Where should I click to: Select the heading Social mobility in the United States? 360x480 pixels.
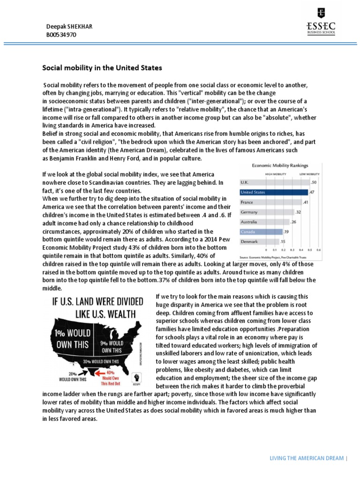pos(102,68)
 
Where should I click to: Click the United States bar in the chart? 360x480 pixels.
pos(273,192)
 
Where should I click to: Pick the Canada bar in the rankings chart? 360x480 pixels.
pos(261,232)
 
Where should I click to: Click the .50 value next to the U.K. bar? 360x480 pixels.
pos(314,182)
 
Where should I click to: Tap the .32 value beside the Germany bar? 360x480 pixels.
pos(298,212)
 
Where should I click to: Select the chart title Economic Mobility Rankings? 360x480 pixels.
pos(280,165)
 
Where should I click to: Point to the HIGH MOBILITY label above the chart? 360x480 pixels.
pos(276,174)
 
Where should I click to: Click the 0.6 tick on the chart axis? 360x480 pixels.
pos(319,250)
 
